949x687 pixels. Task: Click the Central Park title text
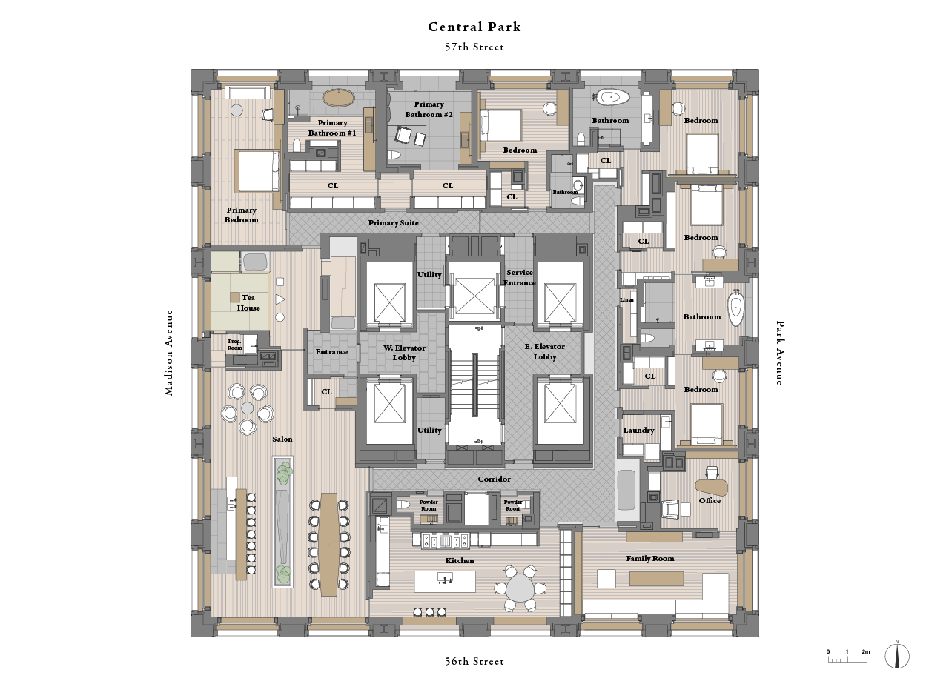coord(474,27)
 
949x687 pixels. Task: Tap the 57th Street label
coord(474,47)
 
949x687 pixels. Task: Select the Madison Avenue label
coord(169,353)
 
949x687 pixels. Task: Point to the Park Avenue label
coord(779,353)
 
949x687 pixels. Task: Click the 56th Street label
coord(474,661)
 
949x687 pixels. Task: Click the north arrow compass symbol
coord(897,656)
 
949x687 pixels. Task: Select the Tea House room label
coord(248,302)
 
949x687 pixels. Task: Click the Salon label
coord(282,439)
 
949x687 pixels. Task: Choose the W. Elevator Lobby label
coord(399,352)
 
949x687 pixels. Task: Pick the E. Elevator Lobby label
coord(544,351)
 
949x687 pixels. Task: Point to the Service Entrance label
coord(520,277)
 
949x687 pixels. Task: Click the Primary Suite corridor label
coord(394,222)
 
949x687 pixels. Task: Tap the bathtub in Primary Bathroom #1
coord(340,98)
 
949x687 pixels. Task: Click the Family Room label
coord(650,558)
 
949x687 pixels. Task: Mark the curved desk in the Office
coord(712,487)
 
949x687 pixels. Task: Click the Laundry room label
coord(638,431)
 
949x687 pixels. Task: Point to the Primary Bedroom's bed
coord(257,170)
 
